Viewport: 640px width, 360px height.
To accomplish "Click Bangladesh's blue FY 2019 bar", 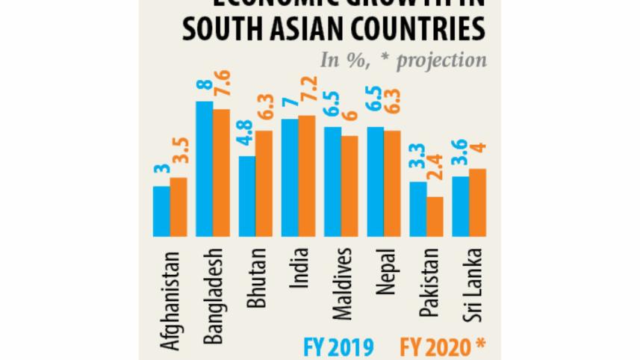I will [x=204, y=169].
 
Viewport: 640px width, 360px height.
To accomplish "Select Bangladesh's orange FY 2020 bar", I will [x=221, y=173].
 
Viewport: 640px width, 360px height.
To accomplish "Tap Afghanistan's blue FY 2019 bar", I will [x=161, y=211].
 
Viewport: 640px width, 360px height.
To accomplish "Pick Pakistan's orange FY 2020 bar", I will [x=435, y=217].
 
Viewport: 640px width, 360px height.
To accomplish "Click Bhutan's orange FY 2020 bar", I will [x=264, y=184].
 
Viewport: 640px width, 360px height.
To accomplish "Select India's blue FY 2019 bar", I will [x=289, y=178].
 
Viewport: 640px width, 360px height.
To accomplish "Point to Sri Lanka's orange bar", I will [x=478, y=202].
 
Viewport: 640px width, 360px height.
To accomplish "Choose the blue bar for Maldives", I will [x=332, y=181].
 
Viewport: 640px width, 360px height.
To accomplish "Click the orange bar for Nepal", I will [x=392, y=184].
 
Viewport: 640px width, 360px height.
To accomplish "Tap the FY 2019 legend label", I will [x=337, y=347].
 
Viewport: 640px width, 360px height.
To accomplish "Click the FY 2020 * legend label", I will [x=441, y=347].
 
